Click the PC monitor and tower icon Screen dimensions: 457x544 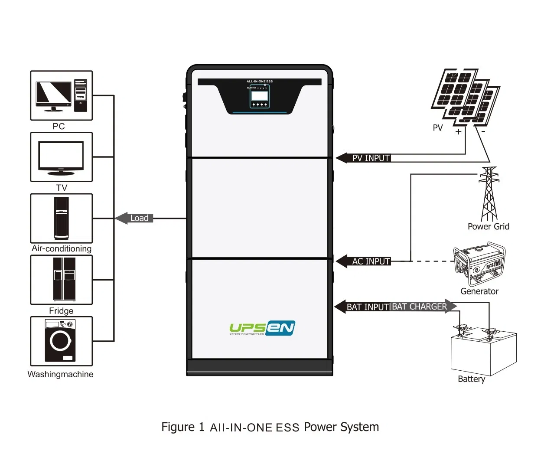click(x=61, y=96)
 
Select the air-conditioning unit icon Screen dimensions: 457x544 click(x=61, y=219)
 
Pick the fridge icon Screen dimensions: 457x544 click(x=64, y=279)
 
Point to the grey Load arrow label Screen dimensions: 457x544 click(x=135, y=218)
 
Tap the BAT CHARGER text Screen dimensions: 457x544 click(x=419, y=307)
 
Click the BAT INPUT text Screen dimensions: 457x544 click(x=368, y=307)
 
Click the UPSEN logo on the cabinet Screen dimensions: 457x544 click(x=262, y=328)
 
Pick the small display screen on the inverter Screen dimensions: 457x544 click(x=260, y=95)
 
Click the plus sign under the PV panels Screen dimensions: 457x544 click(x=458, y=131)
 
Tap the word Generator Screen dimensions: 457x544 click(x=479, y=291)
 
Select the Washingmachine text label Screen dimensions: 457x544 click(x=60, y=374)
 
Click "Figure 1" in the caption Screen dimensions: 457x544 click(x=182, y=427)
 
